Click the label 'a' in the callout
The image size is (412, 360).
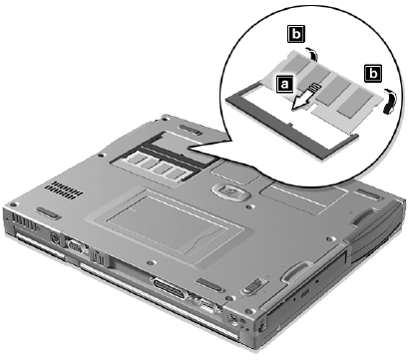(284, 84)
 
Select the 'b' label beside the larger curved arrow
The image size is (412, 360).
(373, 73)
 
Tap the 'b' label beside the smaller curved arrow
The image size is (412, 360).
(296, 33)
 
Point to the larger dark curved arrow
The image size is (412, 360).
(390, 102)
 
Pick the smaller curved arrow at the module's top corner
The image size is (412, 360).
(312, 54)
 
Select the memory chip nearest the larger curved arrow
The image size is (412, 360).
(355, 102)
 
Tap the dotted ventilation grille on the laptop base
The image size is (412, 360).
(64, 190)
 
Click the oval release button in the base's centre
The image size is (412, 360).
(230, 191)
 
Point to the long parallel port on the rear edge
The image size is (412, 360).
(169, 288)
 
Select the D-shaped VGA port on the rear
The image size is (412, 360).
(74, 246)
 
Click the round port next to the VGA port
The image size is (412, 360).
(55, 237)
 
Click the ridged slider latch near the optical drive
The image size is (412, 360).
(255, 285)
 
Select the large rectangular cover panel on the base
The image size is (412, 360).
(166, 223)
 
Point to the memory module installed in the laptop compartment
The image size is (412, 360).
(157, 166)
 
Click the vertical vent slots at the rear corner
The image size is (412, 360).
(25, 223)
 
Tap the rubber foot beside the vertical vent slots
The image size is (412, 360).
(49, 212)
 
